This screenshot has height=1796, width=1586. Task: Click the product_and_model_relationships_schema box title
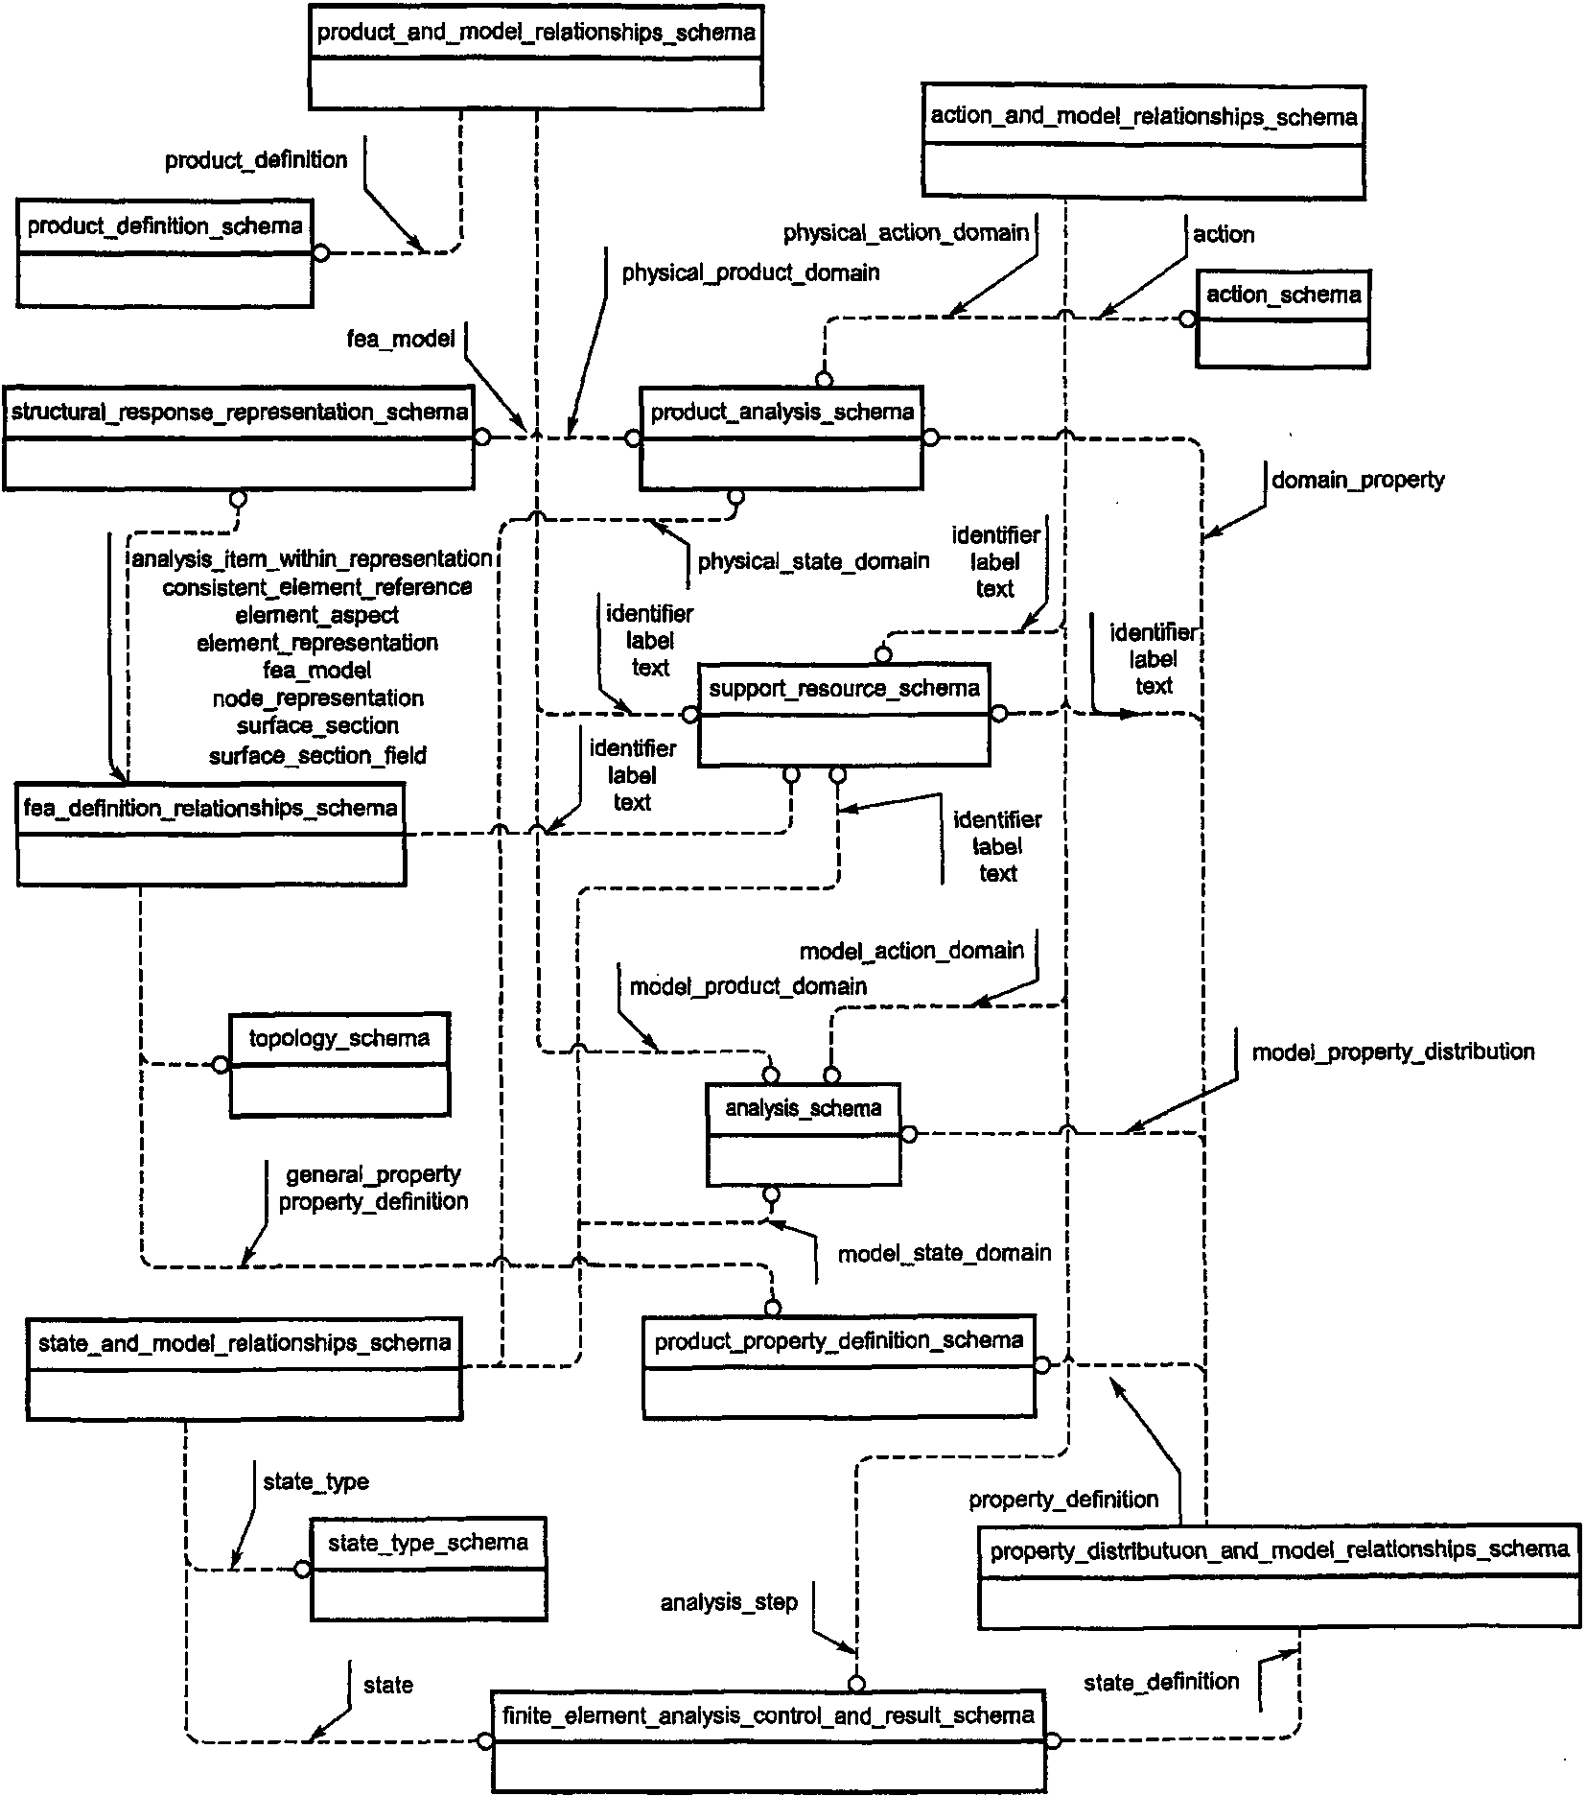536,33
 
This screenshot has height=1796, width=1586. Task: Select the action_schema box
1283,319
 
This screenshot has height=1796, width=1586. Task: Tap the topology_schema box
339,1065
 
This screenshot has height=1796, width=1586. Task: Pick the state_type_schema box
428,1569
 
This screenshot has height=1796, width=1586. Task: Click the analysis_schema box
804,1134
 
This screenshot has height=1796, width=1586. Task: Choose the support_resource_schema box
844,714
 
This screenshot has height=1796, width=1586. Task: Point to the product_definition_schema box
165,252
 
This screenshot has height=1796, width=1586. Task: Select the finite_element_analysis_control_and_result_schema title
768,1714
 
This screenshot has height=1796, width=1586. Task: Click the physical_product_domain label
751,272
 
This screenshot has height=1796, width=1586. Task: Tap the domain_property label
1358,480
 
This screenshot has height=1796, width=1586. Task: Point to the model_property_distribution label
1393,1052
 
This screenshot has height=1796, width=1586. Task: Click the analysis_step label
729,1602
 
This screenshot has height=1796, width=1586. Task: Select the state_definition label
1161,1682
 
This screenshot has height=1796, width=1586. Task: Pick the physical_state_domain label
813,561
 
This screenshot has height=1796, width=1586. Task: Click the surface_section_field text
317,756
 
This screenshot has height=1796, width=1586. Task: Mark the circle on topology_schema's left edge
221,1064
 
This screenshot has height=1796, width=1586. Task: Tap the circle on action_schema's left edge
1187,319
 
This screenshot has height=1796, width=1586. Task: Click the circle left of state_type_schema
302,1570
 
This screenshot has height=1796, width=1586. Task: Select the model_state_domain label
945,1253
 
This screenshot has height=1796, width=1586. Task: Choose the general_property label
373,1174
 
